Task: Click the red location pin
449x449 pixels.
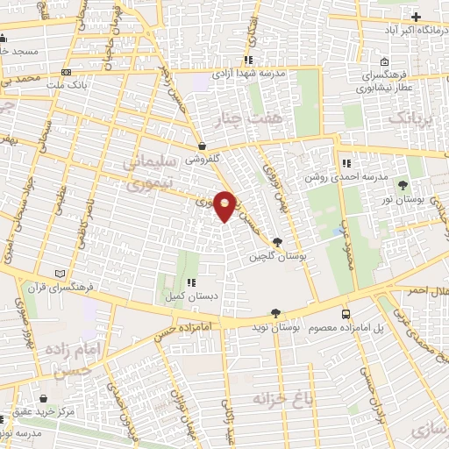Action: (225, 205)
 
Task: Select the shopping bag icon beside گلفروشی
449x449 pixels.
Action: (203, 147)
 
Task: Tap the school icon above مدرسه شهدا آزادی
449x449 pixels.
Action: (249, 61)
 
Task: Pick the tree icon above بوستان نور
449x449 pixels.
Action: (403, 185)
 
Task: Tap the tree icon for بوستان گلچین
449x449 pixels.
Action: (278, 243)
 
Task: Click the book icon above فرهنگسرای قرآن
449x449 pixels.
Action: (60, 274)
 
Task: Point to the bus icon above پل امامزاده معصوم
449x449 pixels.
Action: (346, 313)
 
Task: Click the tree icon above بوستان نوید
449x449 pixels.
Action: (276, 312)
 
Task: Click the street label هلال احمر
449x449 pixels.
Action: (422, 289)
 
